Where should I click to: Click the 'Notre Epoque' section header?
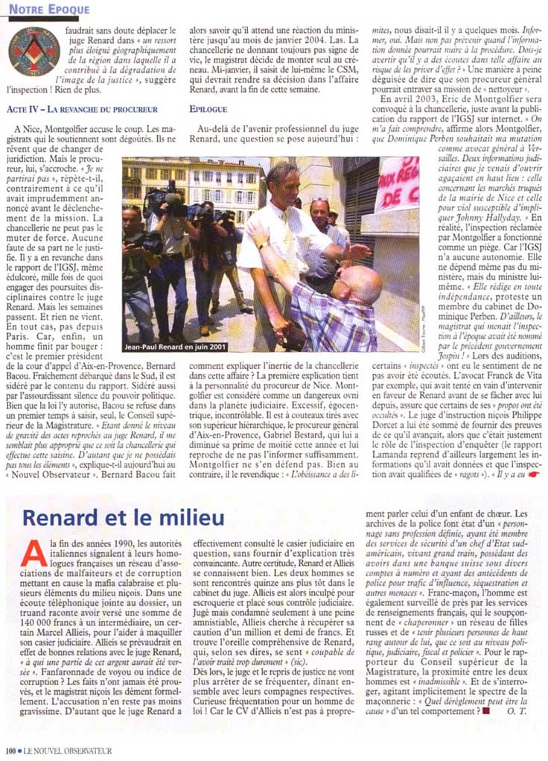pos(49,9)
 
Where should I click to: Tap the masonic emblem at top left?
pos(34,51)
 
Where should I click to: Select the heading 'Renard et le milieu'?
pos(123,517)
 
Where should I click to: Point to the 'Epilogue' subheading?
pos(208,108)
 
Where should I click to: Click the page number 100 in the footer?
pos(10,751)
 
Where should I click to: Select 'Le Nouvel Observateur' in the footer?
pos(67,751)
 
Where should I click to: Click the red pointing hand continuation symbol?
pos(534,475)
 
